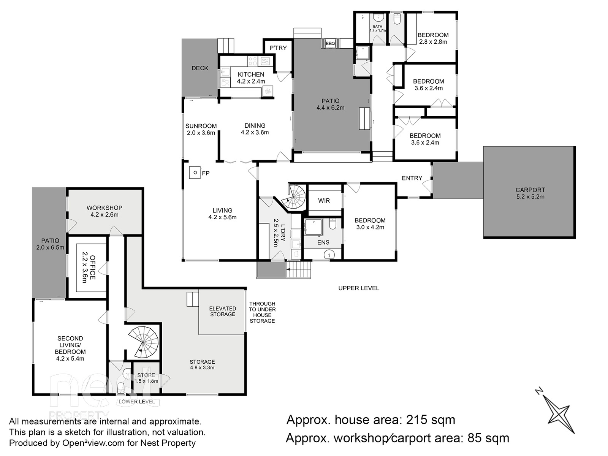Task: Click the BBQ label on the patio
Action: point(330,43)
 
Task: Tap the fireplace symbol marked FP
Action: point(195,173)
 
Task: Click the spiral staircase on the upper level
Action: point(294,197)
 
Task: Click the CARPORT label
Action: point(530,190)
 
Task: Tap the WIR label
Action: point(324,201)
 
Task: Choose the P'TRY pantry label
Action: point(278,48)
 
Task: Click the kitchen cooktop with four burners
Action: point(252,61)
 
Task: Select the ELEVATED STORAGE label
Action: point(222,311)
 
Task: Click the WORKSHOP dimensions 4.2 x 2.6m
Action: point(104,215)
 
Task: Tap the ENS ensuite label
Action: point(323,242)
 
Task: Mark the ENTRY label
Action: point(412,178)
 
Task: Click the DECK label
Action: point(200,68)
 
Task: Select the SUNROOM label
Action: point(201,126)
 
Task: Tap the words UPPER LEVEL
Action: point(359,288)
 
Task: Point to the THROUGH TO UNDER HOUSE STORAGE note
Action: point(262,312)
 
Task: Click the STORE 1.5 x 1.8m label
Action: point(146,378)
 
